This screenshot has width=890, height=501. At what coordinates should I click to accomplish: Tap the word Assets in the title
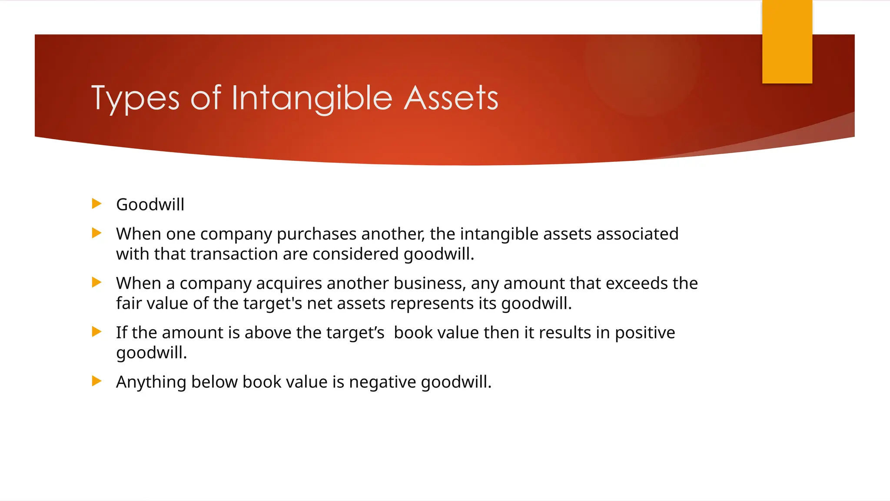[x=451, y=98]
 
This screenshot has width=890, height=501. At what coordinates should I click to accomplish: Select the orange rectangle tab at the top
[x=787, y=42]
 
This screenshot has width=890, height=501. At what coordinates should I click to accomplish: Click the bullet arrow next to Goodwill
[x=96, y=204]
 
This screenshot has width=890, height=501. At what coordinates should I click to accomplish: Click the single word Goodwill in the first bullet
[x=150, y=205]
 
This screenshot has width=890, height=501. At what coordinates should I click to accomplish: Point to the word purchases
[x=316, y=234]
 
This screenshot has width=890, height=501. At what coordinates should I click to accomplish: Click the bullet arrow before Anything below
[x=96, y=381]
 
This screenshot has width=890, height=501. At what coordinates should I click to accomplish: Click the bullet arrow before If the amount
[x=96, y=332]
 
